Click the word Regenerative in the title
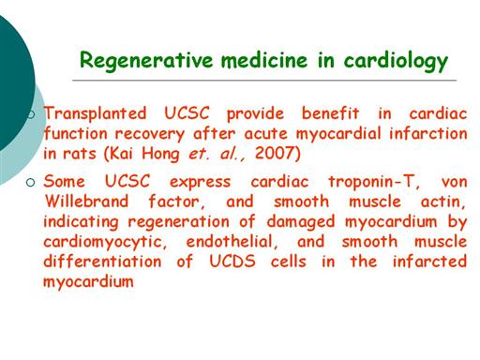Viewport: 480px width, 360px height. point(146,61)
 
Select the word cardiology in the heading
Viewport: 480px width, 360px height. point(396,61)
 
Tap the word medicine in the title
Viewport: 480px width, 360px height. point(264,59)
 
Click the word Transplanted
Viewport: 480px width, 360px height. point(96,113)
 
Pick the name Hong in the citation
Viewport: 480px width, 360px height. point(160,155)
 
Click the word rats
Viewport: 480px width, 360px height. point(80,154)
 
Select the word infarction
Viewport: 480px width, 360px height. point(428,133)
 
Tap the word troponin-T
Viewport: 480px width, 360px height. point(374,182)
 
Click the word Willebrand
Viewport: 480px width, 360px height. point(86,201)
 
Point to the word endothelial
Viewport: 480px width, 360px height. point(232,242)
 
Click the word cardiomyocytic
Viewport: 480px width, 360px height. point(105,243)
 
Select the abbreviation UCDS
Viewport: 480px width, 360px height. point(232,262)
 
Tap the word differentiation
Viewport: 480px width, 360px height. point(102,262)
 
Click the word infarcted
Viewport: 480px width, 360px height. point(429,262)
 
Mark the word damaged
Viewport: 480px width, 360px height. point(301,222)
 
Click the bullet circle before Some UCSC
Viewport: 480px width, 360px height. point(31,182)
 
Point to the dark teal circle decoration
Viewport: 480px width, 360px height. point(14,84)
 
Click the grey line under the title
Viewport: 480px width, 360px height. point(264,81)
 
